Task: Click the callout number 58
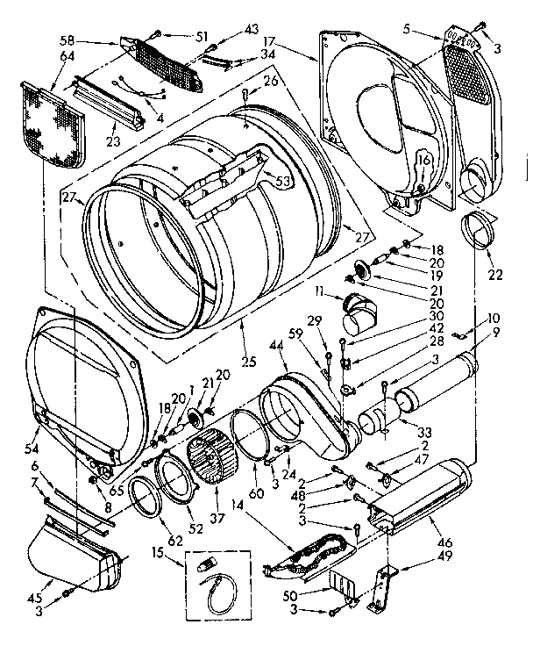coord(67,42)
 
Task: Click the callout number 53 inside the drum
coord(283,182)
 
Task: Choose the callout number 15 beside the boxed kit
coord(158,555)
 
